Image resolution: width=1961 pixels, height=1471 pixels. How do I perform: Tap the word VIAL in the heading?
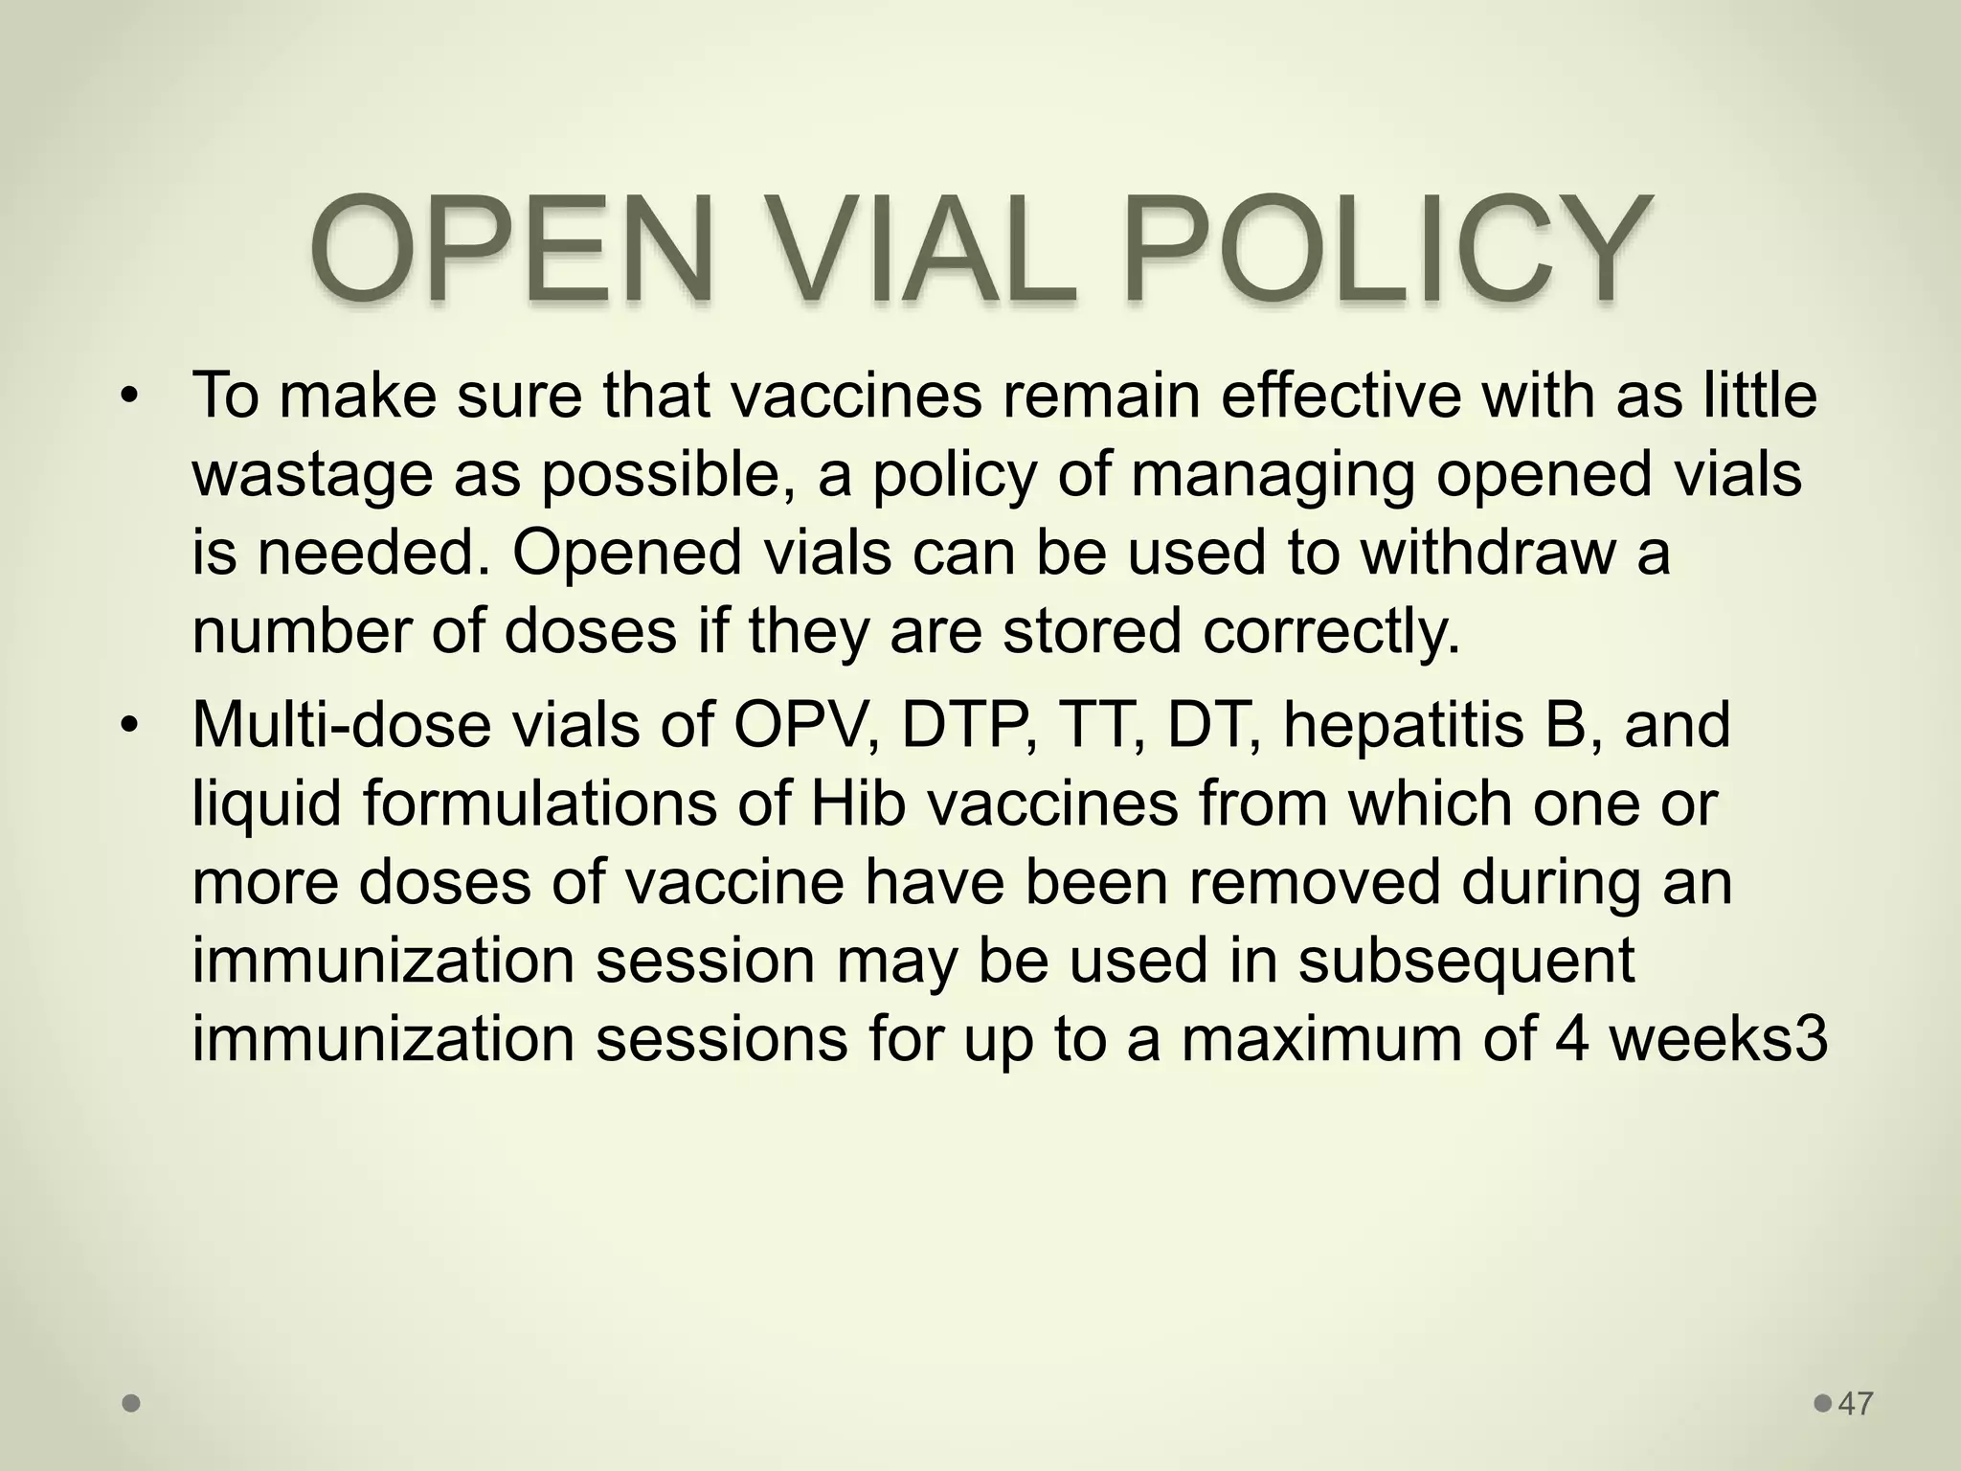[x=911, y=250]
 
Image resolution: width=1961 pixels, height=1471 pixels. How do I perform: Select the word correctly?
[x=1332, y=632]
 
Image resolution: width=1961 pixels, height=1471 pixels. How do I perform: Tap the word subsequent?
[x=1466, y=961]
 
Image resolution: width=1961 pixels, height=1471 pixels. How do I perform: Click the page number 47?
[x=1856, y=1404]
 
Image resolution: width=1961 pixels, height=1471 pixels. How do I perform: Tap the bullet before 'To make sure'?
[x=130, y=396]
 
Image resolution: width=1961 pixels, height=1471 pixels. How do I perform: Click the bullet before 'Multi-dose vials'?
[x=130, y=725]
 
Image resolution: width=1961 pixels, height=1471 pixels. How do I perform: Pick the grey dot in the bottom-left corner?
[x=132, y=1404]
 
